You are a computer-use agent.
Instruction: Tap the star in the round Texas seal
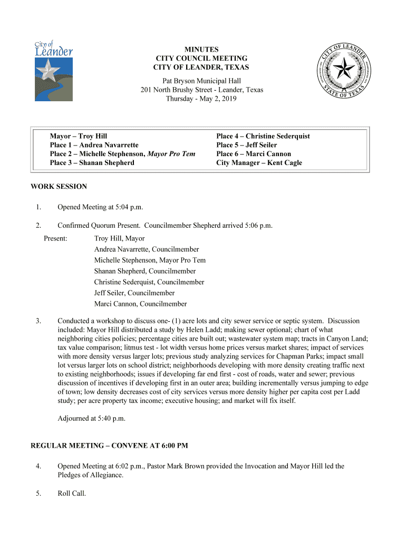[346, 69]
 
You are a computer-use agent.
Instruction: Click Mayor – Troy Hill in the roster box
[79, 136]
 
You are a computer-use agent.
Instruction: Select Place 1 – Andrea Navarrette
[94, 145]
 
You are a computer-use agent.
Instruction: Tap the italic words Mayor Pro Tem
[171, 154]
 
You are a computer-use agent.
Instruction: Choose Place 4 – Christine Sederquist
[263, 136]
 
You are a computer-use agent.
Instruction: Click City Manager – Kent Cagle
[259, 163]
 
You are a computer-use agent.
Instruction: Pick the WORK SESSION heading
[59, 186]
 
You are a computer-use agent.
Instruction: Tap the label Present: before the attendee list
[55, 238]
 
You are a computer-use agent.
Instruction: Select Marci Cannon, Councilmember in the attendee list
[140, 304]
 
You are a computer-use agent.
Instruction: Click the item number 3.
[38, 321]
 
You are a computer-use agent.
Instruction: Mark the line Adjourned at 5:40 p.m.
[91, 419]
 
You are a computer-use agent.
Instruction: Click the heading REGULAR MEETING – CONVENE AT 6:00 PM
[110, 446]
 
